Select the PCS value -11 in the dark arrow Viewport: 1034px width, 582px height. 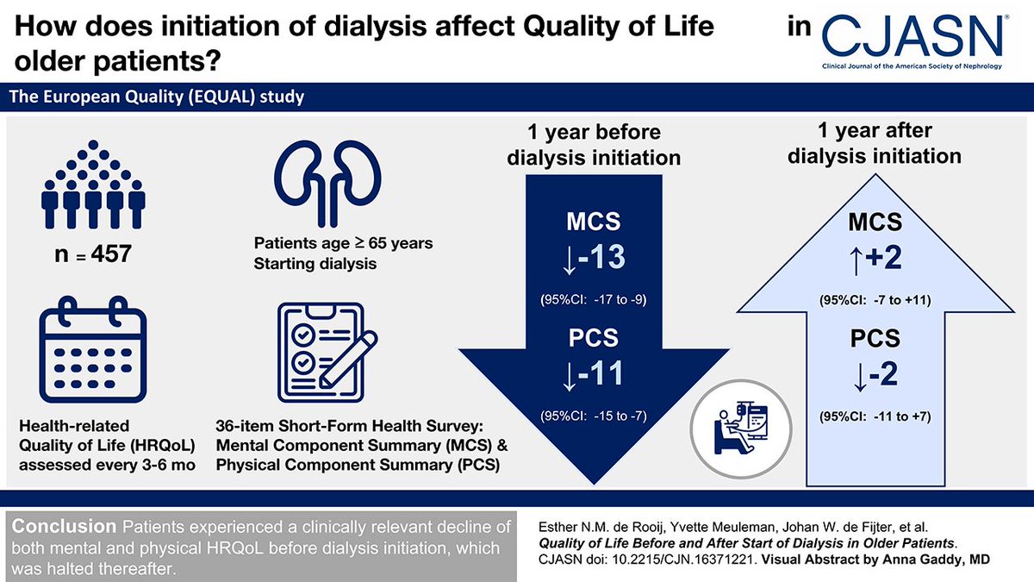pyautogui.click(x=594, y=373)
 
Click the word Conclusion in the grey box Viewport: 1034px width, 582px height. pyautogui.click(x=59, y=527)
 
